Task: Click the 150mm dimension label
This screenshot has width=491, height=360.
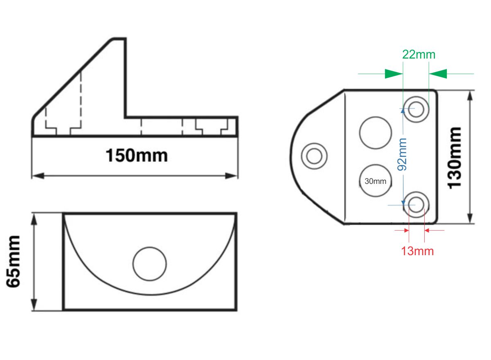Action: coord(137,156)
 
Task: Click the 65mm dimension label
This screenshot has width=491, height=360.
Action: coord(15,262)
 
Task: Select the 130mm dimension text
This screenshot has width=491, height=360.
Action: coord(455,157)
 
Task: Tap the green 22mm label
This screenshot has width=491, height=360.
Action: coord(419,54)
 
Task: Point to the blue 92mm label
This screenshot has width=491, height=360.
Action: coord(402,154)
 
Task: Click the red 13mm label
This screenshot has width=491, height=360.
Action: coord(417,251)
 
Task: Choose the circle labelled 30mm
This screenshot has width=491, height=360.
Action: coord(375,181)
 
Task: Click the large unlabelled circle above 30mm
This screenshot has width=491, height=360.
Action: coord(375,133)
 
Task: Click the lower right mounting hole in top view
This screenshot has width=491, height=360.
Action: coord(416,204)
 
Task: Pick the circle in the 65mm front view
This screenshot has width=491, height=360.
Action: coord(150,264)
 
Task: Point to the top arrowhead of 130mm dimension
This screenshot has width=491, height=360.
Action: coord(470,95)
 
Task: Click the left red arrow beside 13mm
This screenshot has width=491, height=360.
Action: coord(405,231)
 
